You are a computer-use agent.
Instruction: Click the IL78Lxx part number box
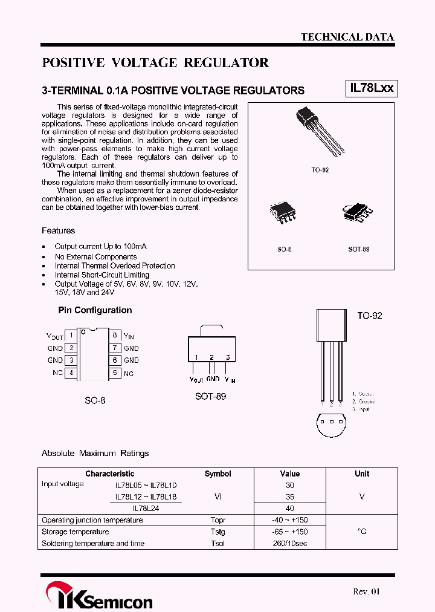click(x=372, y=88)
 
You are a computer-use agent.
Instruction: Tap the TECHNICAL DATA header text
click(x=347, y=37)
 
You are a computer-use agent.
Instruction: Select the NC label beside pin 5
click(x=129, y=374)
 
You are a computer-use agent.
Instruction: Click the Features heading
click(x=59, y=230)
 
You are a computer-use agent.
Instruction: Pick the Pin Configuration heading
click(x=95, y=310)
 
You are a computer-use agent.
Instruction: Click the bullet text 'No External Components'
click(x=95, y=256)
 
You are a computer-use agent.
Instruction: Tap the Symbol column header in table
click(x=217, y=474)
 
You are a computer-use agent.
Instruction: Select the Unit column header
click(x=362, y=474)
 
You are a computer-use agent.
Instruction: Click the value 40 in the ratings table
click(x=290, y=509)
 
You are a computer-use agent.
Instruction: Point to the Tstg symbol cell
click(x=217, y=532)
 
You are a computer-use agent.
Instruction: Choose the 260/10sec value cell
click(x=290, y=543)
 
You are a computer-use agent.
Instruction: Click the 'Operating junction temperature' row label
click(x=92, y=520)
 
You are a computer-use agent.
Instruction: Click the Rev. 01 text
click(x=367, y=591)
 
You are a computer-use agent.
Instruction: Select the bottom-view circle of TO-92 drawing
click(x=331, y=425)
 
